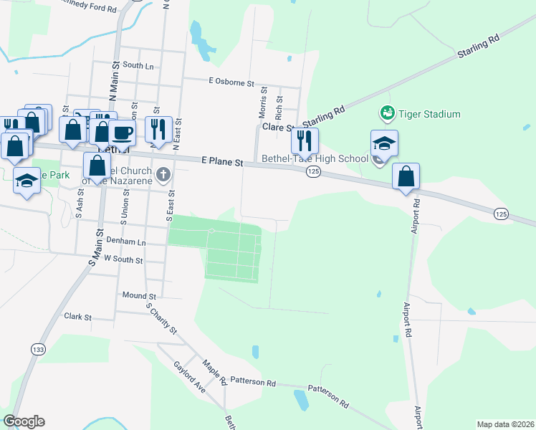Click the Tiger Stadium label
coord(430,114)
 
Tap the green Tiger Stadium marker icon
coord(387,113)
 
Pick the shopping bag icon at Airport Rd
coord(406,176)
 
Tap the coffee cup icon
coord(121,132)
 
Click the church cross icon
coord(163,173)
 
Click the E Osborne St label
coord(231,83)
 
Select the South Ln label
coord(138,65)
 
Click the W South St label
coord(123,259)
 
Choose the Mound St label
coord(139,295)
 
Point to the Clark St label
coord(78,316)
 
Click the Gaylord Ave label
coord(189,376)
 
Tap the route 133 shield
coord(38,348)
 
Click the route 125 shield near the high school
coord(313,171)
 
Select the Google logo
coord(24,421)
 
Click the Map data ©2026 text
coord(505,424)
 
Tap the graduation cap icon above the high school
coord(384,142)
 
